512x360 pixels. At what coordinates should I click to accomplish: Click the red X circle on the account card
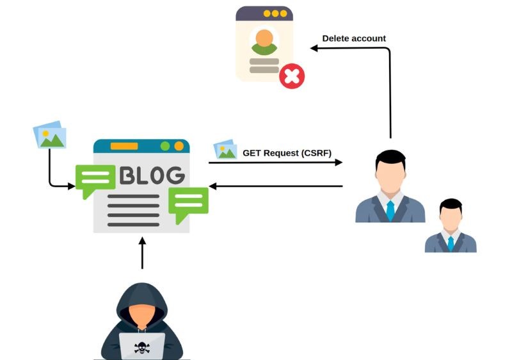[292, 76]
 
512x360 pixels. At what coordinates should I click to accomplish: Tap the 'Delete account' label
[354, 38]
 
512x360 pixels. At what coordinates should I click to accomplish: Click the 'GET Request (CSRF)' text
[287, 153]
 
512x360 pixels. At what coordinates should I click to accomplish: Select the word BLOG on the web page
[152, 175]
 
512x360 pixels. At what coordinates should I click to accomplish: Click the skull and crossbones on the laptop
[142, 348]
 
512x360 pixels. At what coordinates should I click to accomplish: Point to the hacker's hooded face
[142, 315]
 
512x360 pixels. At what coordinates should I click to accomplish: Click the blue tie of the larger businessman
[390, 211]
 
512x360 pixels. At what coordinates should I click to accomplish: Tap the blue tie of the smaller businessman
[451, 243]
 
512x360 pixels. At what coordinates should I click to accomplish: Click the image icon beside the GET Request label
[225, 150]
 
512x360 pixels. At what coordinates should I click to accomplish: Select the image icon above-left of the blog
[50, 135]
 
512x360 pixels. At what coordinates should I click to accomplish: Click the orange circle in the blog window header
[179, 146]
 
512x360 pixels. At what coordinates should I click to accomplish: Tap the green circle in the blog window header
[165, 146]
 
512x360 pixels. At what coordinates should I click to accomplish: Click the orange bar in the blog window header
[124, 146]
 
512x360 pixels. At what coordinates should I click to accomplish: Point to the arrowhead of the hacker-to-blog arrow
[142, 241]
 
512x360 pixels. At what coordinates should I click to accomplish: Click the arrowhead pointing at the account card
[314, 48]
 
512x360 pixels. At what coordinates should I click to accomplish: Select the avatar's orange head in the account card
[264, 38]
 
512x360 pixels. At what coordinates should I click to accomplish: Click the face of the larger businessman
[390, 176]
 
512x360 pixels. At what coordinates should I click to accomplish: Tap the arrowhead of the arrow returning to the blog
[212, 186]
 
